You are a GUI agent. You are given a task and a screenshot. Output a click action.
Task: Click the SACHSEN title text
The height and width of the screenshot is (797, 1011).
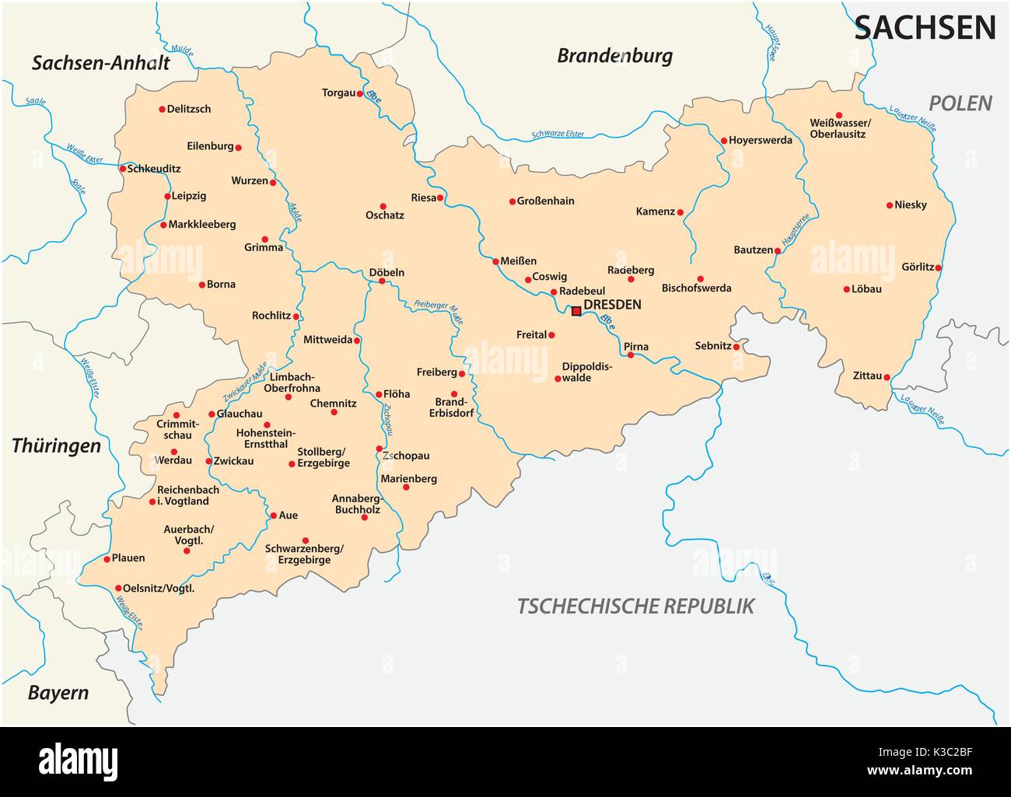click(x=925, y=28)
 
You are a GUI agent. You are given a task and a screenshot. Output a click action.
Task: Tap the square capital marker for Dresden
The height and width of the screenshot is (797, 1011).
click(x=576, y=311)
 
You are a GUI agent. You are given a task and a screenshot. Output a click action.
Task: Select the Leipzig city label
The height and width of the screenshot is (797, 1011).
click(x=189, y=196)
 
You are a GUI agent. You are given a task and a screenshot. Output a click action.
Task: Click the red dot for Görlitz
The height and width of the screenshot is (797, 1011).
click(x=939, y=267)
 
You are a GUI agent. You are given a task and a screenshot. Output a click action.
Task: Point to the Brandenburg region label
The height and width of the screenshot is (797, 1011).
click(x=614, y=56)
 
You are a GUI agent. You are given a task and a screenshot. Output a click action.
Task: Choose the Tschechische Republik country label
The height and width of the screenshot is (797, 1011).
click(x=635, y=606)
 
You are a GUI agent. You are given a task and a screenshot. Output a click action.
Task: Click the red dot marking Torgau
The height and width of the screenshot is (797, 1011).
click(x=360, y=93)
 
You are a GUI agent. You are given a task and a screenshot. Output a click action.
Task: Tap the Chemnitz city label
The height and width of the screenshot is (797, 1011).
click(x=333, y=404)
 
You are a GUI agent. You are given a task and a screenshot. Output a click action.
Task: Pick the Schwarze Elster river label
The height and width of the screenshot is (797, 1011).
click(x=558, y=135)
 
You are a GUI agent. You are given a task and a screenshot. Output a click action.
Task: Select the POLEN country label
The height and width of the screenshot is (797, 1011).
click(x=961, y=103)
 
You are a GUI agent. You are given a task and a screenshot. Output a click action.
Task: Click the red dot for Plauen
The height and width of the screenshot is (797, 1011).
click(x=107, y=558)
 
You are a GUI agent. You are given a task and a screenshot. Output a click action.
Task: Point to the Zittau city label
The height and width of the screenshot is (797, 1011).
click(x=867, y=376)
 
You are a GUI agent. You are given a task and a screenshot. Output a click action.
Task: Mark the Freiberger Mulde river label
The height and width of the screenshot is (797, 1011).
click(x=439, y=311)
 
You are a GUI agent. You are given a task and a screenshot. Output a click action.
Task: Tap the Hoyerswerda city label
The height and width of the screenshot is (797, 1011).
click(x=761, y=141)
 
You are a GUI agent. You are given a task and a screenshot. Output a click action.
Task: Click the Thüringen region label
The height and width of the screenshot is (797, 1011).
click(x=56, y=446)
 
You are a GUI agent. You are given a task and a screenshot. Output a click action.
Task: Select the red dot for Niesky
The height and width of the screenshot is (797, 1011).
click(x=890, y=205)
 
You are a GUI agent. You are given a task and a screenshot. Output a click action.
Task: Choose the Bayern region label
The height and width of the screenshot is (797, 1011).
click(x=58, y=693)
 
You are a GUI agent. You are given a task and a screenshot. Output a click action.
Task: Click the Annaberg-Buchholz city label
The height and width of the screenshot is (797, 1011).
click(x=355, y=504)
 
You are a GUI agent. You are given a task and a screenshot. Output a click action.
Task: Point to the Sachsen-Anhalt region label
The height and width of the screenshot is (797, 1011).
click(x=100, y=63)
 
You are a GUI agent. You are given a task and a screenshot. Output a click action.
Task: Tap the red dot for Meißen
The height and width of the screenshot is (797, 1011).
click(x=495, y=261)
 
